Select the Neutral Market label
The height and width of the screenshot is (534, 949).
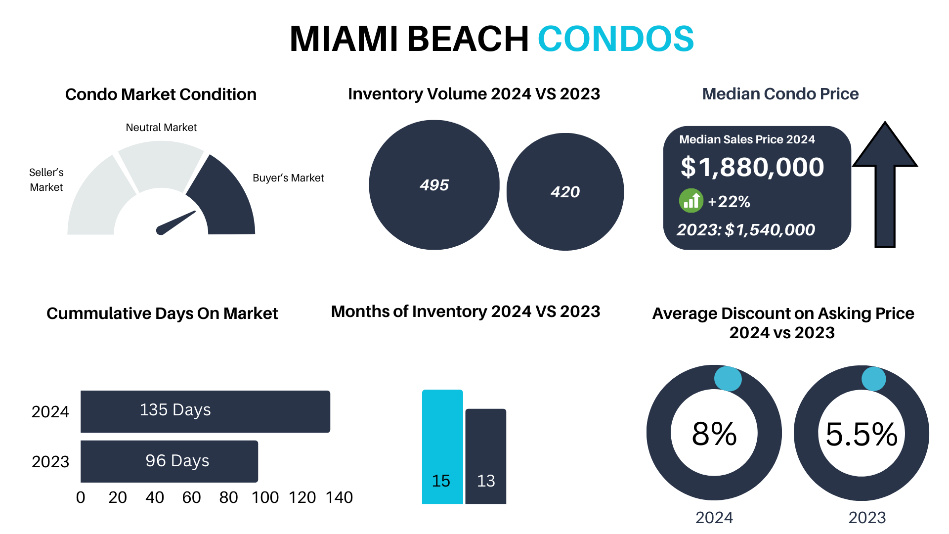(x=161, y=128)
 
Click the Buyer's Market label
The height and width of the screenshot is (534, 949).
(x=288, y=178)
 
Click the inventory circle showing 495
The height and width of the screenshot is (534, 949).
(x=434, y=185)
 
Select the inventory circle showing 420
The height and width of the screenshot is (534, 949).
(x=565, y=192)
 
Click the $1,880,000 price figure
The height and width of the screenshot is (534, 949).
(x=752, y=167)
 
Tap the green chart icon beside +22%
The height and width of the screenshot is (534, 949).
(x=690, y=201)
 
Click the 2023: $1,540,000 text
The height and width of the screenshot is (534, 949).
(x=745, y=230)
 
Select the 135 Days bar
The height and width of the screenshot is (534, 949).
(x=205, y=411)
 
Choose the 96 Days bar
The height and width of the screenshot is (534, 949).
(x=169, y=461)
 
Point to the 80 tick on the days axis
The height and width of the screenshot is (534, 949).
(x=228, y=497)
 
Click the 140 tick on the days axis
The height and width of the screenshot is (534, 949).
(x=339, y=497)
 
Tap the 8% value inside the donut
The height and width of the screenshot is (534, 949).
(x=714, y=434)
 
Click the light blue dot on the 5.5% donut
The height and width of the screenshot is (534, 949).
(x=873, y=379)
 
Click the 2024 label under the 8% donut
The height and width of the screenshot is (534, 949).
(x=714, y=518)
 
